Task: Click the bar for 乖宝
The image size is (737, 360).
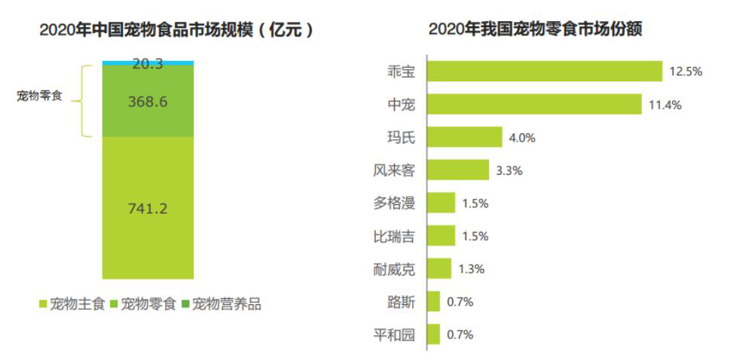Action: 544,72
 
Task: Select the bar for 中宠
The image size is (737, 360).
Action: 534,105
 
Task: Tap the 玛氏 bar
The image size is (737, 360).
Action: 464,137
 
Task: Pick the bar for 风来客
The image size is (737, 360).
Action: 457,170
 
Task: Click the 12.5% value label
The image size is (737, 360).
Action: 686,72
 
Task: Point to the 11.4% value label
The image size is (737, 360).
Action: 665,105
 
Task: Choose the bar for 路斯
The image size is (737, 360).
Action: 433,301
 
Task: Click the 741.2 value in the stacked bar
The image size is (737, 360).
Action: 148,209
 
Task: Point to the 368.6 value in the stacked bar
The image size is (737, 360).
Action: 148,101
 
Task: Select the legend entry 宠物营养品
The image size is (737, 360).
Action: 226,304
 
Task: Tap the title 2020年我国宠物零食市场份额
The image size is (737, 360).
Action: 540,29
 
